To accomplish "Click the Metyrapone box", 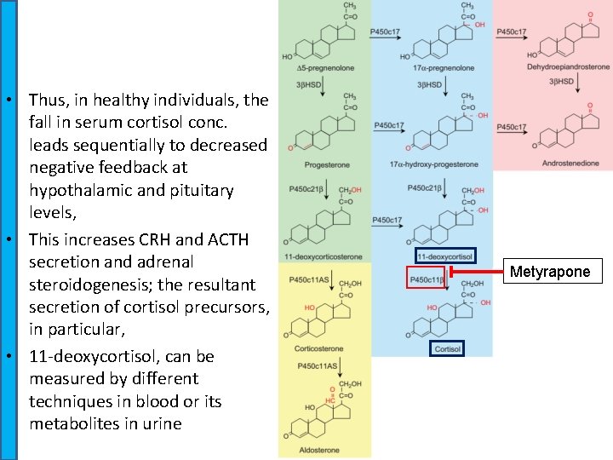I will coord(549,272).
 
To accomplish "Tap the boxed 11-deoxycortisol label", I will coord(444,256).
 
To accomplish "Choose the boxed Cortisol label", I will coord(447,349).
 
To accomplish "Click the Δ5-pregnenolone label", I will coord(324,67).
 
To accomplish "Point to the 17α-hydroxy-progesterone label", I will coord(433,164).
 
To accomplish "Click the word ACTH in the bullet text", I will coord(204,239).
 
